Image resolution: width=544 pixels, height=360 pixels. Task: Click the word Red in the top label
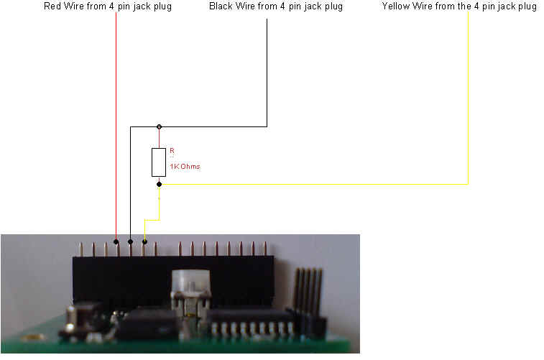[53, 6]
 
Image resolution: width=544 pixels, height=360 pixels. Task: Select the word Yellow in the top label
[396, 6]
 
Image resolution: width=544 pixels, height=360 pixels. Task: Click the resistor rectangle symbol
[159, 162]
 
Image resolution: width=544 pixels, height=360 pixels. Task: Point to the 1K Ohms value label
[185, 167]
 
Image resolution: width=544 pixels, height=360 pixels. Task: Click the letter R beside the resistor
[172, 151]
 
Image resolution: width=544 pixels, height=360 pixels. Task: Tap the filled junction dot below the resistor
[159, 185]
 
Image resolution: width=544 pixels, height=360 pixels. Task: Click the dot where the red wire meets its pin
[117, 242]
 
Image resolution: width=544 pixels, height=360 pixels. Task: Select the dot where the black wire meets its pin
[130, 242]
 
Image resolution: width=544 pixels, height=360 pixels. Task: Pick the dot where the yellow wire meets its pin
[144, 242]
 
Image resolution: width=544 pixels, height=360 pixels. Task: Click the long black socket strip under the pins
[172, 277]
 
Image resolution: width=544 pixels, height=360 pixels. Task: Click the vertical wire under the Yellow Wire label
[468, 93]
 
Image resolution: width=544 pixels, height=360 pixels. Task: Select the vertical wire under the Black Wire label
[267, 72]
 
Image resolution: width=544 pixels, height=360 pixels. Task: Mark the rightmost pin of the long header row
[265, 248]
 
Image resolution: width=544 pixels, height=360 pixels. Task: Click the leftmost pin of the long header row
[80, 249]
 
